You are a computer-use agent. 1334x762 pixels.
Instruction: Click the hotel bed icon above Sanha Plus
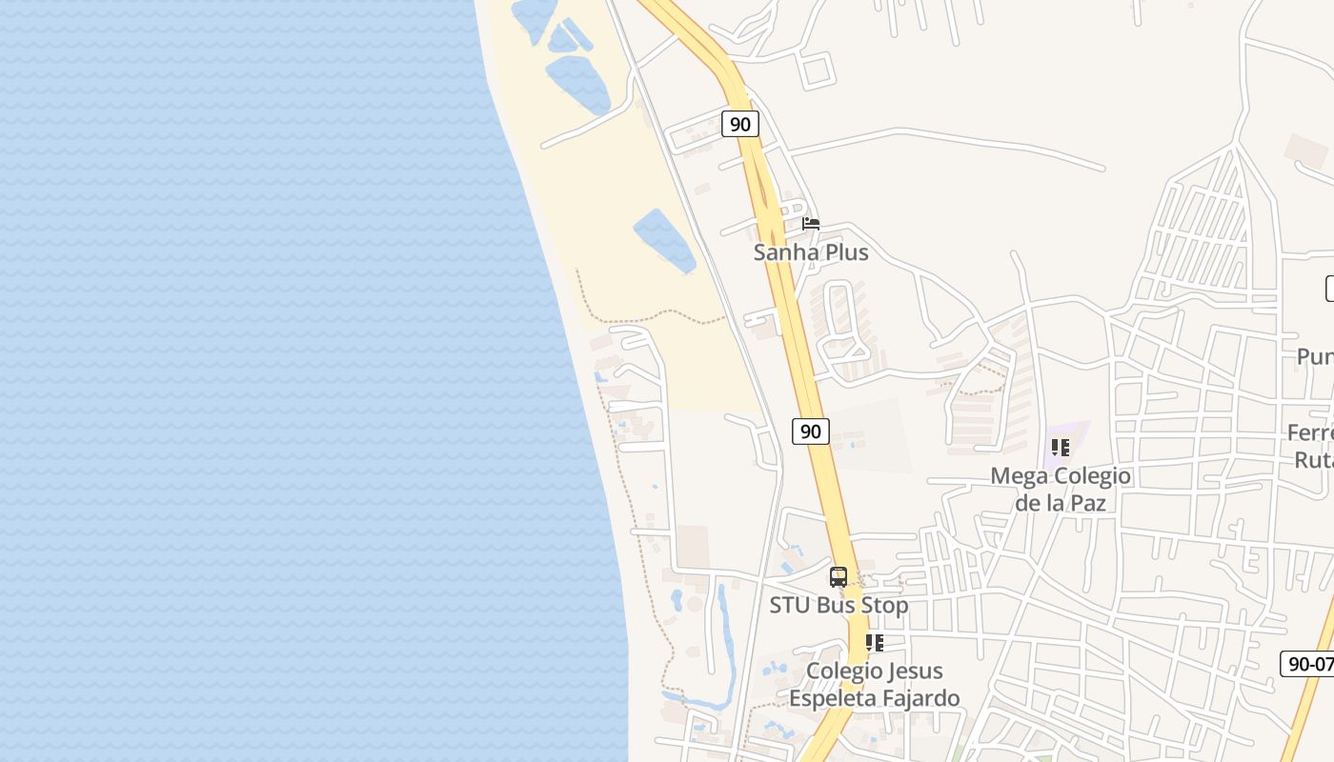[x=811, y=224]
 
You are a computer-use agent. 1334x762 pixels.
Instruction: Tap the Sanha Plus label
[x=811, y=252]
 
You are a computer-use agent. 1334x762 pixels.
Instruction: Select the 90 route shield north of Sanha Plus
[x=739, y=124]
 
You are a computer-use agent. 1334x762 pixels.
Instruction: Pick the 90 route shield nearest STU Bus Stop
[x=810, y=431]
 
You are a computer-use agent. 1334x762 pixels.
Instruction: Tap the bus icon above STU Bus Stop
[x=839, y=577]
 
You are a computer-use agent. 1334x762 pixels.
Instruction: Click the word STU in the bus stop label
[x=789, y=605]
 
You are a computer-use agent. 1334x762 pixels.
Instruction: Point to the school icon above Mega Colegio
[x=1061, y=447]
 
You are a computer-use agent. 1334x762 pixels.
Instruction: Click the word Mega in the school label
[x=1018, y=476]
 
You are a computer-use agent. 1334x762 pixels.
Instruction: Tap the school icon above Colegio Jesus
[x=875, y=643]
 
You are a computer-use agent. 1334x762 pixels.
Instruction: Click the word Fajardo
[x=920, y=698]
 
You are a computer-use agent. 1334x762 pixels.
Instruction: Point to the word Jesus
[x=914, y=672]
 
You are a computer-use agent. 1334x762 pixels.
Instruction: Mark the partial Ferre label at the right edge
[x=1311, y=433]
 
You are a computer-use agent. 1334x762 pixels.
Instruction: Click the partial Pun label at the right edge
[x=1315, y=356]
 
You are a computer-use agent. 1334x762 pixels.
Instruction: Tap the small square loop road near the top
[x=817, y=70]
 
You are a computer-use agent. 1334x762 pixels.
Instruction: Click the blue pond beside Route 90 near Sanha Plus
[x=664, y=239]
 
